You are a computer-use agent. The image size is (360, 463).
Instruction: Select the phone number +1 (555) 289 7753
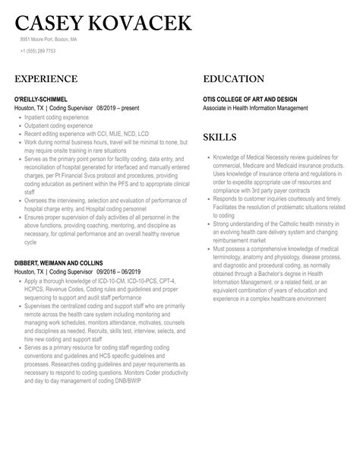[x=38, y=51]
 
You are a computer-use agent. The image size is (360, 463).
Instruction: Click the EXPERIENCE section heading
[x=46, y=79]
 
